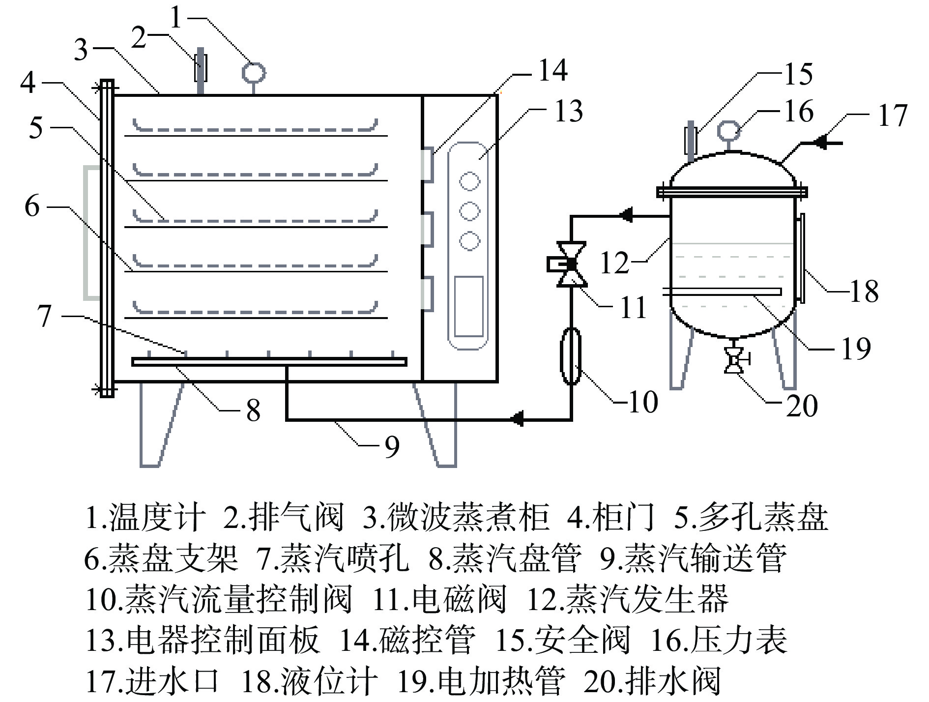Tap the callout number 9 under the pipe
point(391,446)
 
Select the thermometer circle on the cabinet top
point(254,73)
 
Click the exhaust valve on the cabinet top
point(201,68)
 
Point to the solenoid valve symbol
point(570,264)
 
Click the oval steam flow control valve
point(571,356)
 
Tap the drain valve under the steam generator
point(734,361)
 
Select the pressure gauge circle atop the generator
point(728,131)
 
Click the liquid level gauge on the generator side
point(801,258)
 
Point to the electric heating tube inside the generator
point(723,292)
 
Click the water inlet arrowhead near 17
point(818,143)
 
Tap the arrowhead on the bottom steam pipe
point(517,419)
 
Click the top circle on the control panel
point(469,181)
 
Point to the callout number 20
point(802,406)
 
